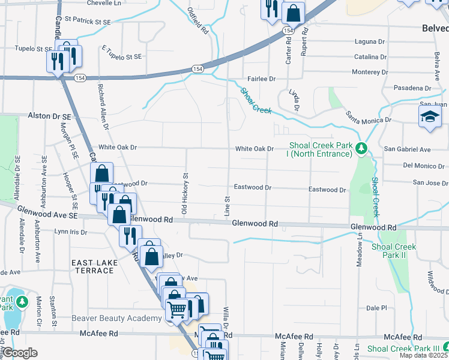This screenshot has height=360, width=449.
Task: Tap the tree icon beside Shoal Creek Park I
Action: [x=361, y=148]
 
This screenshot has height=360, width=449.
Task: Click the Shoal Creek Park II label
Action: [x=394, y=251]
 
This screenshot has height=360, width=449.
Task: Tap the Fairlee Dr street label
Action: [x=261, y=79]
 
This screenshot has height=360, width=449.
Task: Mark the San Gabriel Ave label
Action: [x=408, y=149]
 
